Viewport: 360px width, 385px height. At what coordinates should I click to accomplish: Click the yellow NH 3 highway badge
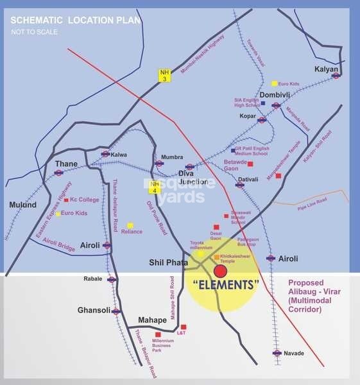[165, 74]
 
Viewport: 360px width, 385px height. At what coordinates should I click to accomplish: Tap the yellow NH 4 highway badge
[154, 186]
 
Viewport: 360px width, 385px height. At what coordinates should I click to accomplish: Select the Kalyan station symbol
[336, 75]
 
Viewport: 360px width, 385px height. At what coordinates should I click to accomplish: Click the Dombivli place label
[275, 96]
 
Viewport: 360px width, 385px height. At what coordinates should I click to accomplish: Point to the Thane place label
[66, 164]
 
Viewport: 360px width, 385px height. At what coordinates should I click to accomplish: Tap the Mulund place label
[23, 205]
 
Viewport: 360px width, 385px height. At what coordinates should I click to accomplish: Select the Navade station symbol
[277, 353]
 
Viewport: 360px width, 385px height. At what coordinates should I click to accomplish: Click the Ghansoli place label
[94, 309]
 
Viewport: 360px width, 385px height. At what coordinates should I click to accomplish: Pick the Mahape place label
[153, 320]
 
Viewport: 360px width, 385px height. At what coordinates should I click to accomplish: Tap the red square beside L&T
[184, 327]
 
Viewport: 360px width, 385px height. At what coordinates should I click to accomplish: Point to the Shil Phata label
[169, 262]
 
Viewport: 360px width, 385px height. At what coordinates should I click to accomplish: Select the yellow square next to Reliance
[130, 225]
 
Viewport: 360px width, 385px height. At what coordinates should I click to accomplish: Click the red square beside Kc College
[66, 200]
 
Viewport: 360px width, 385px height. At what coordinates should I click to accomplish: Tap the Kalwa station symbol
[105, 154]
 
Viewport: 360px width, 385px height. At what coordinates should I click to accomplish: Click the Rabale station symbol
[112, 279]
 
